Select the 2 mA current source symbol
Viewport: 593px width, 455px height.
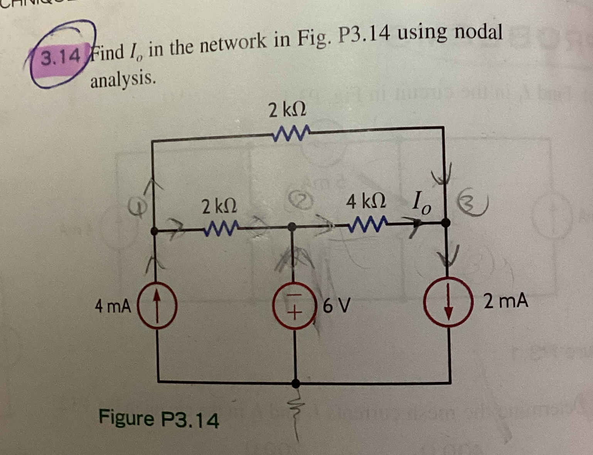(x=449, y=302)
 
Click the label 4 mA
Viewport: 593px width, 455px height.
(x=113, y=307)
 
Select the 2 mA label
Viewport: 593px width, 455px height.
(x=505, y=301)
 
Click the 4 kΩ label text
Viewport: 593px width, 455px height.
(x=366, y=201)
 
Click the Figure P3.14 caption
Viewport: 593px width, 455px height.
(x=159, y=419)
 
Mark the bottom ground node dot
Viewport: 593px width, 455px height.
(x=295, y=383)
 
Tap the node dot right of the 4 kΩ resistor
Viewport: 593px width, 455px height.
(x=446, y=222)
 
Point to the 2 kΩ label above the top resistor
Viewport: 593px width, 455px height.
(x=288, y=111)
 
